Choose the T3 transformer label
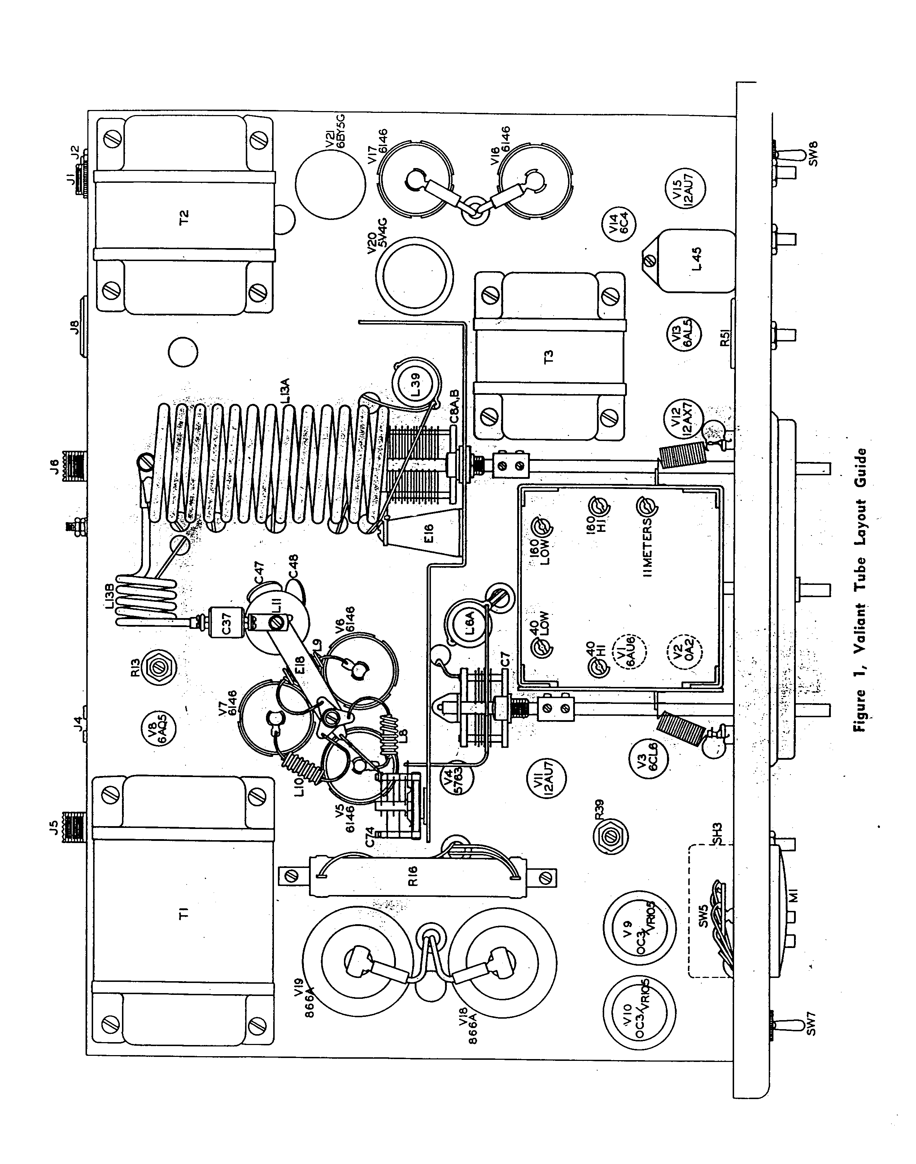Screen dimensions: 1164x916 point(548,356)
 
